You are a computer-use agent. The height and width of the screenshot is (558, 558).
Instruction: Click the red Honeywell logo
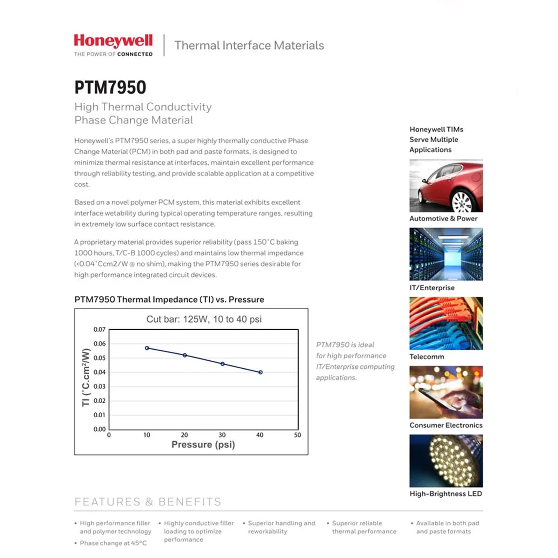(x=113, y=41)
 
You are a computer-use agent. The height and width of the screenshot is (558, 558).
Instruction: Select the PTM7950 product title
(x=110, y=87)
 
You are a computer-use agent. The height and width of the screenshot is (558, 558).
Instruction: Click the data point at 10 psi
(x=147, y=348)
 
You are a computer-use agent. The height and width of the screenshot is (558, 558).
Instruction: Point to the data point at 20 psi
(x=185, y=355)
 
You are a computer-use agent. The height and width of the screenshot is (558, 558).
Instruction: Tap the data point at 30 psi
(x=223, y=364)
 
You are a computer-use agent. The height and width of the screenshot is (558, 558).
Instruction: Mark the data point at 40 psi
(x=260, y=372)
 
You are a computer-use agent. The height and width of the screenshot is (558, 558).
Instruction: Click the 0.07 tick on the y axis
(x=100, y=330)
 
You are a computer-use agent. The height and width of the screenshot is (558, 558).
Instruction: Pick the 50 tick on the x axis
(x=298, y=435)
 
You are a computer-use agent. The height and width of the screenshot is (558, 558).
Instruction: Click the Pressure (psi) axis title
(x=203, y=445)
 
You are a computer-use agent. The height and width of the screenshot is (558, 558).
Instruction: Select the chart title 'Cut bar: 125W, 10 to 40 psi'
(x=204, y=319)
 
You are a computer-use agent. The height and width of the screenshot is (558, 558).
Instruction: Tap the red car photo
(x=446, y=186)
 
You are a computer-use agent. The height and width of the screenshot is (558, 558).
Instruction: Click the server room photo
(x=446, y=254)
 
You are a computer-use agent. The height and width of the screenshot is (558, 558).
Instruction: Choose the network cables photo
(x=446, y=323)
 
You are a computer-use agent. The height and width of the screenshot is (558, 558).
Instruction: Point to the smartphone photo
(x=446, y=392)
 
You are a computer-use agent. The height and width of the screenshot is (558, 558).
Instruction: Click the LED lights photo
(x=446, y=461)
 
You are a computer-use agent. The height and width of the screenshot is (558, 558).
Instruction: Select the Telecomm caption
(x=426, y=357)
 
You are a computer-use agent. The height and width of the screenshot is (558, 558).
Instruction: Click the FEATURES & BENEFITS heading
(x=148, y=502)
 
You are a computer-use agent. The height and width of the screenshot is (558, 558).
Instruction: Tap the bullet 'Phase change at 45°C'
(x=113, y=543)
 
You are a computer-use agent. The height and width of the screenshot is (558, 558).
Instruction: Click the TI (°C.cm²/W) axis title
(x=86, y=378)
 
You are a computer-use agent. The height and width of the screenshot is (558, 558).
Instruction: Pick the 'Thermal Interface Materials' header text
(x=249, y=46)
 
